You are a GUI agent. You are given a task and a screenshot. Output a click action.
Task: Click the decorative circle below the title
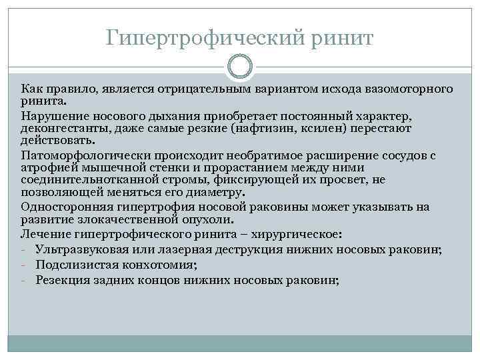coord(240,67)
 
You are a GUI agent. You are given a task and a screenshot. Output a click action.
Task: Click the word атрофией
coord(43,167)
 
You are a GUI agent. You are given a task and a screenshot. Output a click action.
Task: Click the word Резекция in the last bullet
coord(62,280)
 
